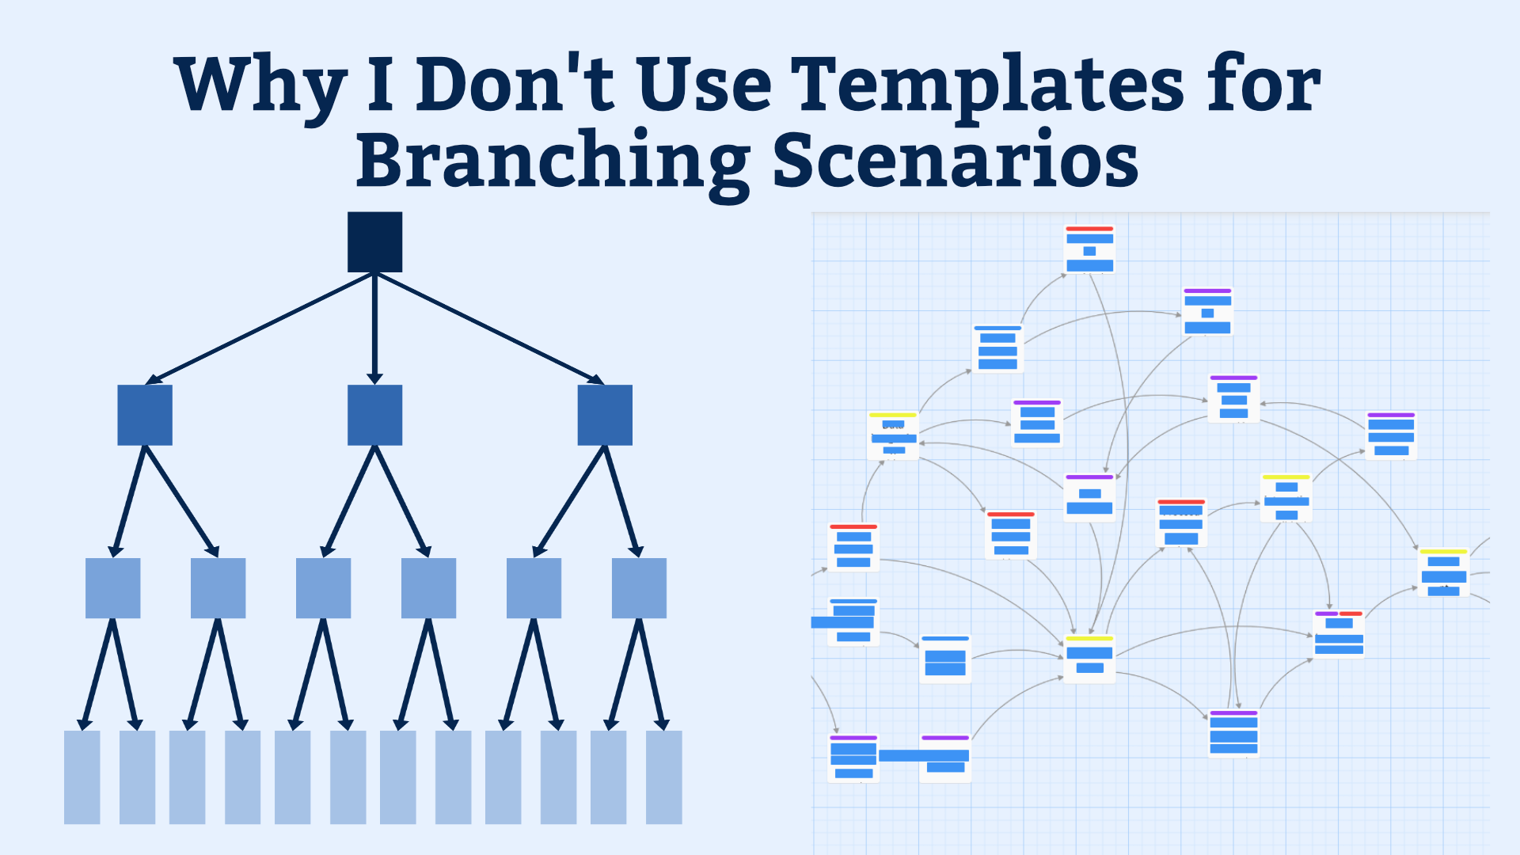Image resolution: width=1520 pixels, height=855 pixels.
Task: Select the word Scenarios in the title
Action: (956, 158)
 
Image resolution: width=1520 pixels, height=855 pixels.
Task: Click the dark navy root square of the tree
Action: (375, 241)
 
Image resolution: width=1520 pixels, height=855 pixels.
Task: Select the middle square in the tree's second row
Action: (375, 415)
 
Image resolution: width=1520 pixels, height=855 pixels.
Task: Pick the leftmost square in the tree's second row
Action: (145, 415)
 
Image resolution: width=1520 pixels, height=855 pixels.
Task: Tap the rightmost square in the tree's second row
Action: (605, 415)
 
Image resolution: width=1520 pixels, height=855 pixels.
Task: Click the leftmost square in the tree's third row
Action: (113, 588)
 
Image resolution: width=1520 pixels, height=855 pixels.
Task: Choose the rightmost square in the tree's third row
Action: (639, 588)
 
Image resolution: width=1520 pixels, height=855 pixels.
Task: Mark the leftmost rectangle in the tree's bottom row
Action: (82, 777)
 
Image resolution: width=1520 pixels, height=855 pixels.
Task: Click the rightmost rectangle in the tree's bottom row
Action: (664, 777)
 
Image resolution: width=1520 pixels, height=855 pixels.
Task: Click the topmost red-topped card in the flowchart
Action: (1090, 249)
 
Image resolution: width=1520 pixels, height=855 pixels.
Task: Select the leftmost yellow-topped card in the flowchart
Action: (893, 435)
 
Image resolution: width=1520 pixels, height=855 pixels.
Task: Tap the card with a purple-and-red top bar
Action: (1339, 633)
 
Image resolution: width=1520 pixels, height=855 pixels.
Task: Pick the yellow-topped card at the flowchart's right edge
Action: (1444, 572)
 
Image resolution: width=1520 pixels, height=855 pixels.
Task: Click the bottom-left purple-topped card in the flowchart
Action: (853, 758)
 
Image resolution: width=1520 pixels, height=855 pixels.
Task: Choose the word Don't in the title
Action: (515, 83)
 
